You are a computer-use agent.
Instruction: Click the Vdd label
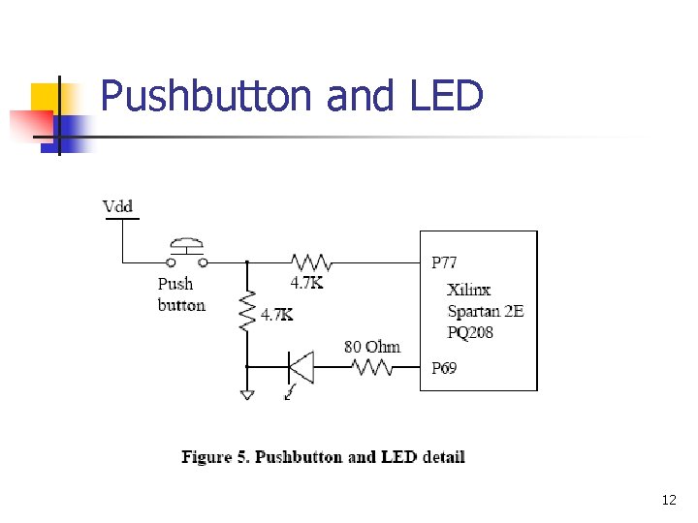(x=117, y=206)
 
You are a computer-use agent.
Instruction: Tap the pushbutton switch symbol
(x=186, y=253)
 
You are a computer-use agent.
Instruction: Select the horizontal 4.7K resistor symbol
(x=311, y=262)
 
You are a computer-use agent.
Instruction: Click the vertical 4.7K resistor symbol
(x=247, y=311)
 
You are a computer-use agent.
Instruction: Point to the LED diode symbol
(x=301, y=367)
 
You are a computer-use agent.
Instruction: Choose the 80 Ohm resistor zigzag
(x=371, y=367)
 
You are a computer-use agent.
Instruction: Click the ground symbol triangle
(x=247, y=395)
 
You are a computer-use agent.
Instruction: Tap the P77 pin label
(x=444, y=262)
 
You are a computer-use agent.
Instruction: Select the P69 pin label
(x=444, y=368)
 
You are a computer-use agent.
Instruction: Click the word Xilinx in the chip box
(x=468, y=290)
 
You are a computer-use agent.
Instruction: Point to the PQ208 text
(x=470, y=332)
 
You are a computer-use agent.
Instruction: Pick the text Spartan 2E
(x=486, y=311)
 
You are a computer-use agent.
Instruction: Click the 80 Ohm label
(x=372, y=347)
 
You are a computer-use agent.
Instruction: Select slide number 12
(x=669, y=500)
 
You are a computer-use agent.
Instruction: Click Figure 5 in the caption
(x=215, y=457)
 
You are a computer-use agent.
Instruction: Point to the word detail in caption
(x=444, y=457)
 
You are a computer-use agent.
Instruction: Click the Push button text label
(x=181, y=294)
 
